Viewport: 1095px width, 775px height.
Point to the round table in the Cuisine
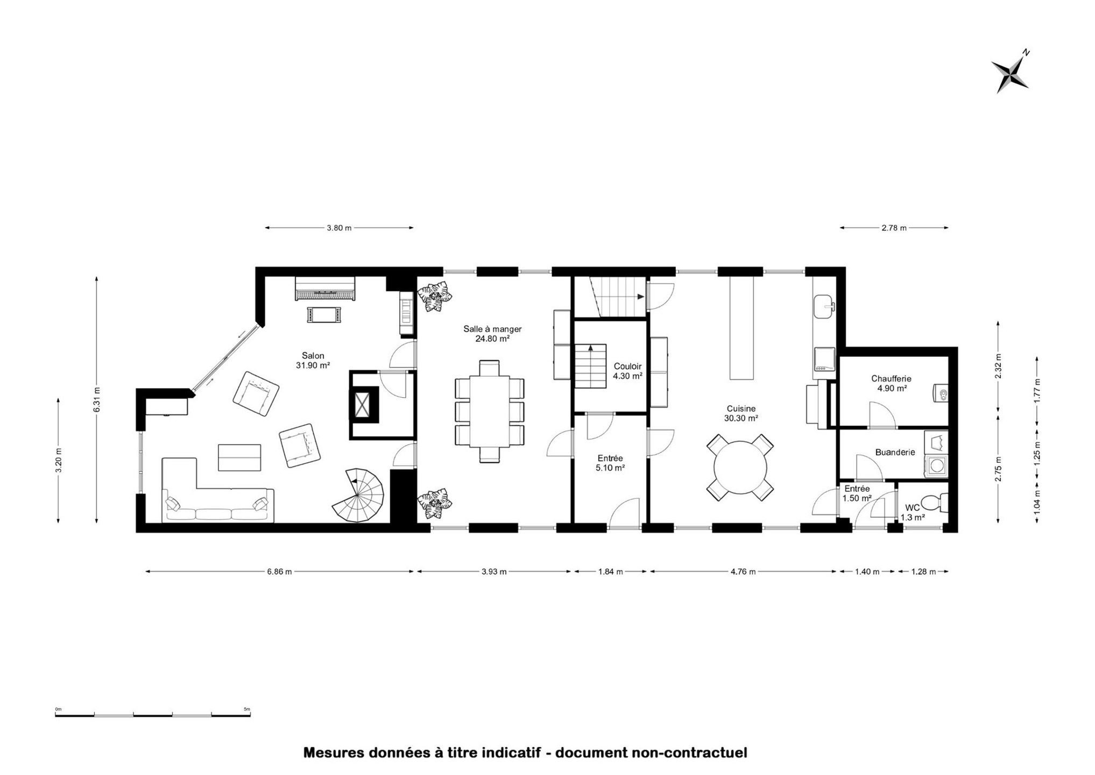coord(740,467)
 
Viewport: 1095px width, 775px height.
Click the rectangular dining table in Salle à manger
coord(489,411)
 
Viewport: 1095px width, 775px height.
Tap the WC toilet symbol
coord(935,503)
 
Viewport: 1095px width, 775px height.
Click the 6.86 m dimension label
coord(279,572)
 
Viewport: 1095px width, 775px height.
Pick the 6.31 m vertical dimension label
coord(97,399)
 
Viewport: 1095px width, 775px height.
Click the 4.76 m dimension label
coord(743,572)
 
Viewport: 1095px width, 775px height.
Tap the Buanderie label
coord(895,453)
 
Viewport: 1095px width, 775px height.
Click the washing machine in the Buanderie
coord(936,466)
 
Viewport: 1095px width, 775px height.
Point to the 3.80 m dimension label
coord(339,228)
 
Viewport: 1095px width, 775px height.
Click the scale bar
coord(153,715)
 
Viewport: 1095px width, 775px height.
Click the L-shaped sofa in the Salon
coord(217,490)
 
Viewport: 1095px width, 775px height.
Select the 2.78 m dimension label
coord(894,228)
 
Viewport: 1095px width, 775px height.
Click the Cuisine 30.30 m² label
coord(741,413)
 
